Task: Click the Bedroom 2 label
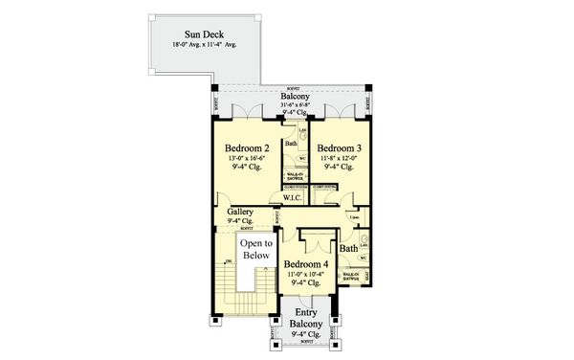247,148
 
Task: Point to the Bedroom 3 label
339,148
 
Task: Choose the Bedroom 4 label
306,263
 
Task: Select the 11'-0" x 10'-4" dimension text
306,274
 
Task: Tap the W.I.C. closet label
293,197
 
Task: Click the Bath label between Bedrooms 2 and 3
291,145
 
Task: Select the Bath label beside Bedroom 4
349,248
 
